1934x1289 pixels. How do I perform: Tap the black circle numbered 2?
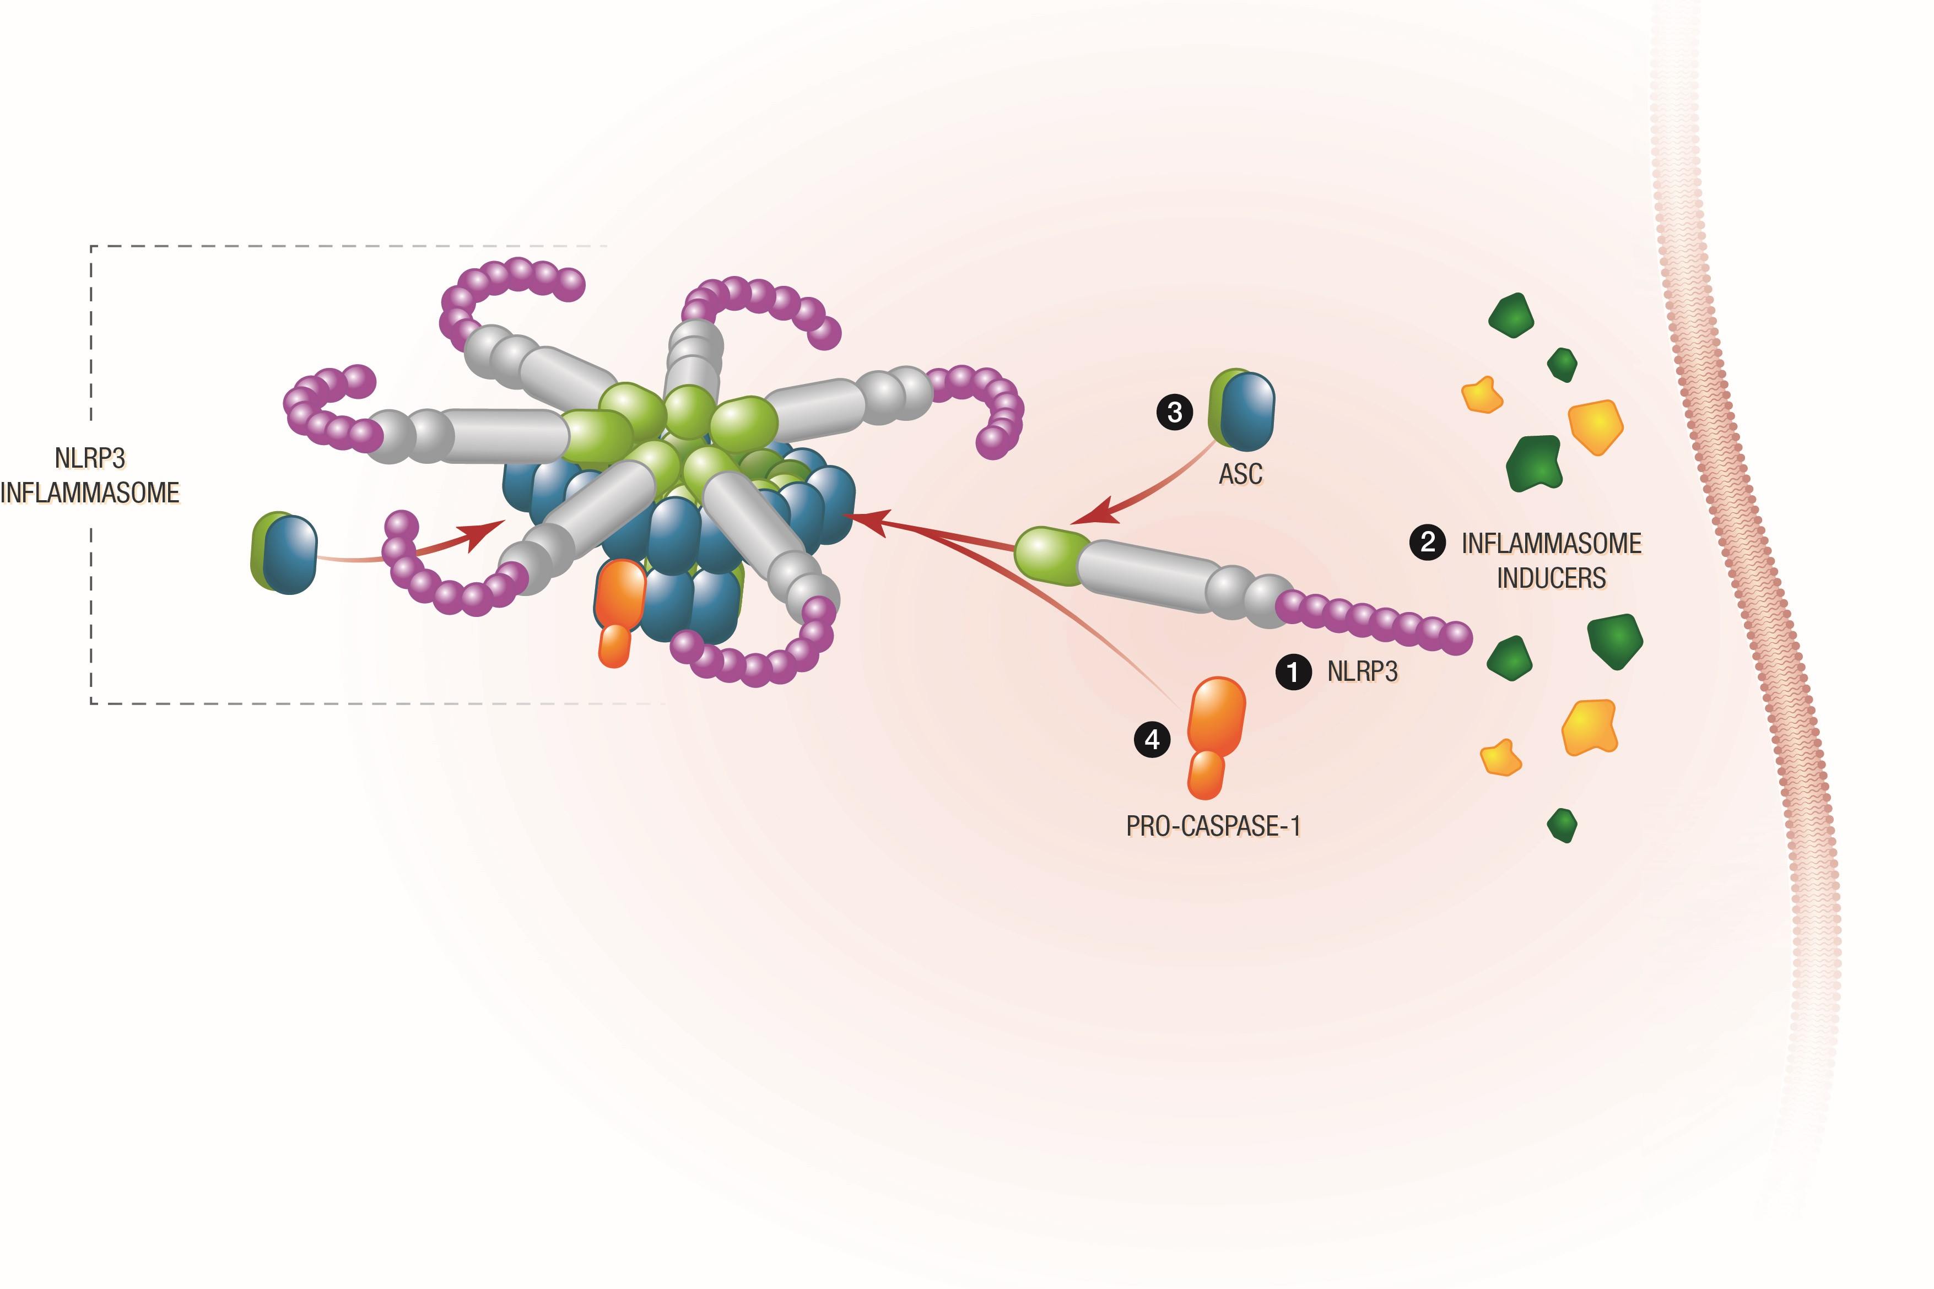[x=1428, y=543]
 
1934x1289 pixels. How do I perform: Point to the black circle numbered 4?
[x=1152, y=740]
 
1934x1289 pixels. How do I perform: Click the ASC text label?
[x=1240, y=474]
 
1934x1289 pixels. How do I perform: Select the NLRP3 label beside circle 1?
[x=1363, y=671]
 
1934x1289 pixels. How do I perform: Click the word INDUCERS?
[x=1551, y=578]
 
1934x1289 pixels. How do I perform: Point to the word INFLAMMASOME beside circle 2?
[x=1551, y=543]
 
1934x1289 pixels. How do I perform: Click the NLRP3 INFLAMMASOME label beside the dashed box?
[x=90, y=475]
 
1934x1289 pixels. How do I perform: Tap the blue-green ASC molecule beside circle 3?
[x=1241, y=410]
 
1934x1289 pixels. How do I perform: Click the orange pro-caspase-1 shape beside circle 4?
[x=1215, y=738]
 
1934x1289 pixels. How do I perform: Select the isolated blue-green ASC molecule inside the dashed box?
[x=284, y=553]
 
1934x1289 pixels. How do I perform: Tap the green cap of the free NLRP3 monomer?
[x=1051, y=556]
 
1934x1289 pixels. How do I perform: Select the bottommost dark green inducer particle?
[x=1562, y=825]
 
